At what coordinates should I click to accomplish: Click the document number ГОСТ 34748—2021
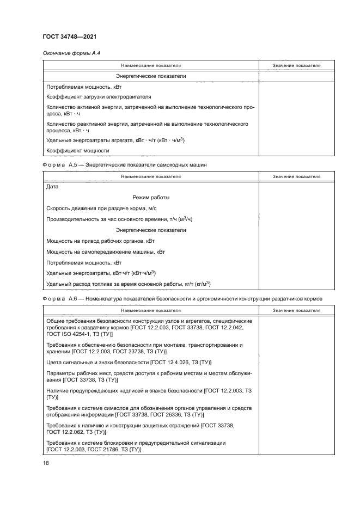[70, 36]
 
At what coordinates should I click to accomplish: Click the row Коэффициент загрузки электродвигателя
[91, 96]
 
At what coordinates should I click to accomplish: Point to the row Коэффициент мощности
[78, 150]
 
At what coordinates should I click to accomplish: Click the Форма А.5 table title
[124, 164]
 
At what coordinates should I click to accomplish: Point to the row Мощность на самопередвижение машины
[106, 252]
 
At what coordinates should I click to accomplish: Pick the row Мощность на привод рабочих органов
[101, 241]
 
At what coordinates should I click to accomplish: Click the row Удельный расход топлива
[129, 284]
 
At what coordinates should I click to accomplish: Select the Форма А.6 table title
[182, 298]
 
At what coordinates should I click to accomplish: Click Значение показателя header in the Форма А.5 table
[296, 176]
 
